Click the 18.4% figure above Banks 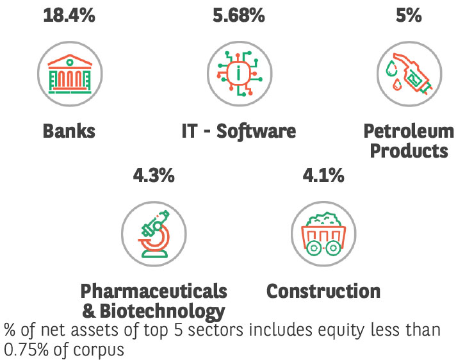point(69,15)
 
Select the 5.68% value point(238,15)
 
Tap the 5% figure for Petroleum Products point(409,15)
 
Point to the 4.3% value point(154,175)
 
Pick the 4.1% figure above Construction point(323,175)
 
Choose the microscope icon point(154,233)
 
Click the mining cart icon point(323,234)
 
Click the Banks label point(69,131)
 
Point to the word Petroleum point(409,131)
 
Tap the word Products point(409,151)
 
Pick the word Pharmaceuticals point(154,291)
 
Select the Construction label point(323,291)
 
